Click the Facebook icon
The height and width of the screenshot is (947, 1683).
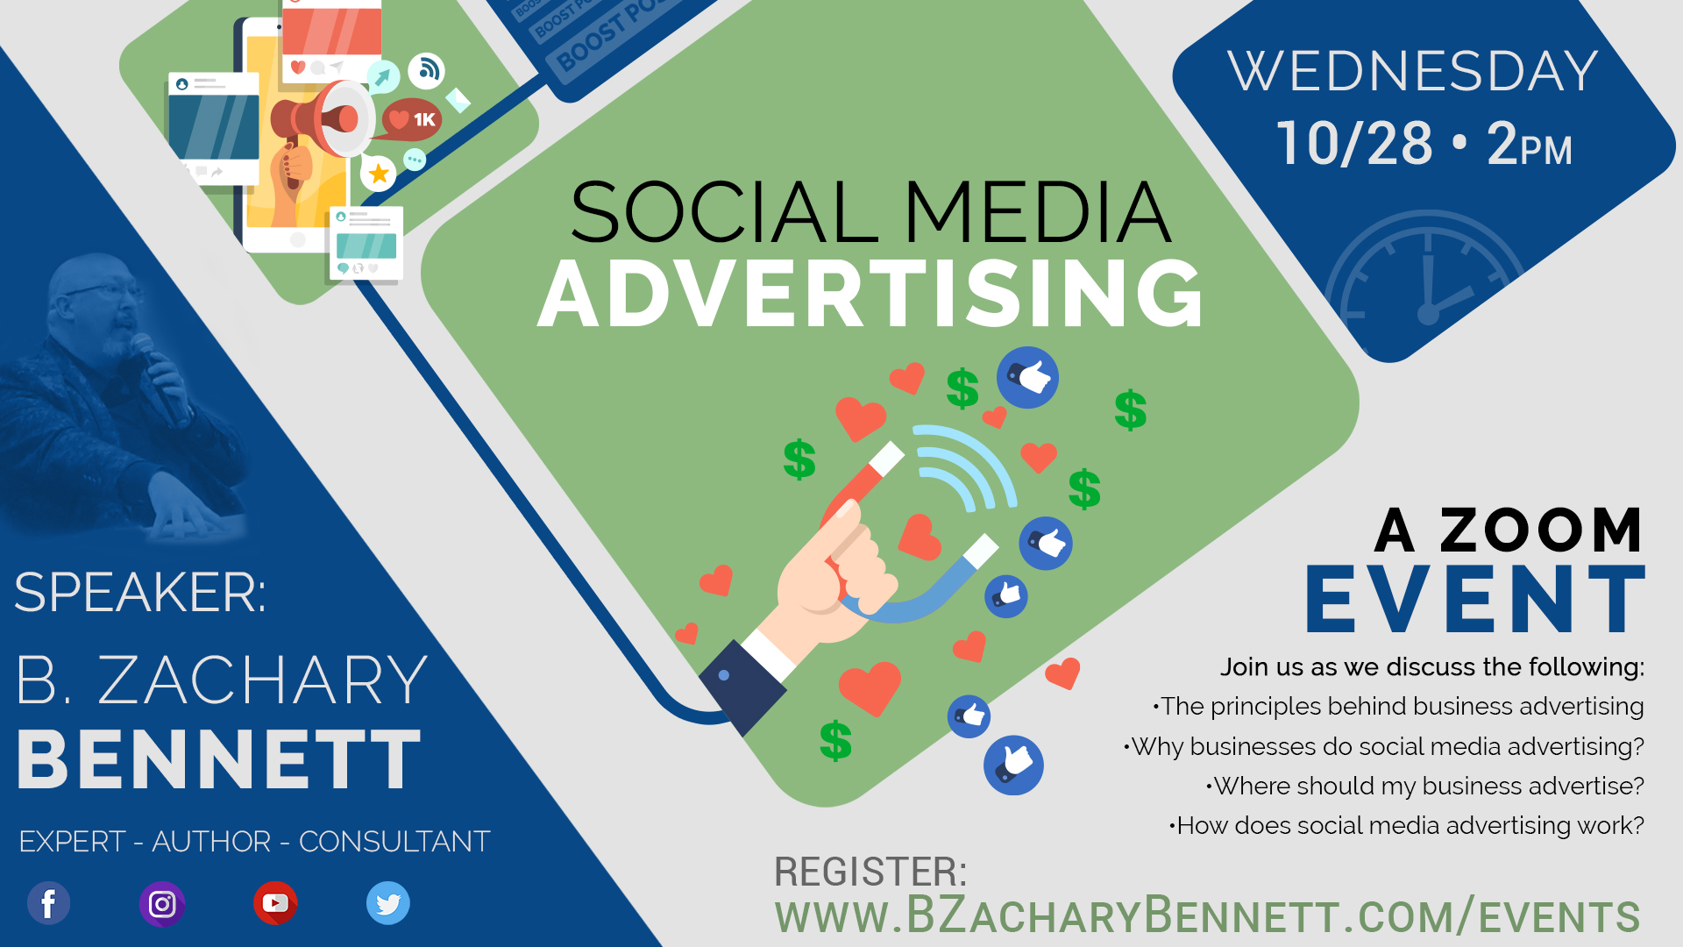(x=49, y=903)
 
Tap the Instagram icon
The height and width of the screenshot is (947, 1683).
(x=162, y=904)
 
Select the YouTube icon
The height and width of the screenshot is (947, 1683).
(x=275, y=903)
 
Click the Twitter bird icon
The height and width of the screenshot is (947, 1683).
(x=388, y=903)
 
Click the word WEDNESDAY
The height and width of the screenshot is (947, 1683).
(x=1413, y=71)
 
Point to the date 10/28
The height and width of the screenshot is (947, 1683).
(x=1354, y=143)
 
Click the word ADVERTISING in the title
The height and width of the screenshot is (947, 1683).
(x=870, y=294)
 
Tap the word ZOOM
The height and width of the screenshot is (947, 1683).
(x=1541, y=530)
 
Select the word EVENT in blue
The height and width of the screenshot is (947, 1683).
(x=1475, y=599)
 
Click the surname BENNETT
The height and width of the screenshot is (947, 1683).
(x=219, y=759)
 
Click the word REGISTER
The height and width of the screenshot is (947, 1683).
(x=870, y=872)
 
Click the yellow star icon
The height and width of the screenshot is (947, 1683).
(x=379, y=173)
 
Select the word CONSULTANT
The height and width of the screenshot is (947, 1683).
(x=394, y=842)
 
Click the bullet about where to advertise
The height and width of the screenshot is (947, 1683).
(x=1425, y=786)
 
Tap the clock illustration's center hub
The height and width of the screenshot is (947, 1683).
(x=1428, y=315)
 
